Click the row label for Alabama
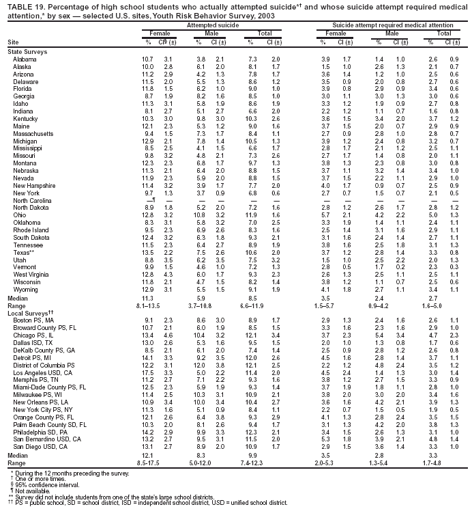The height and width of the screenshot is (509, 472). tap(25, 59)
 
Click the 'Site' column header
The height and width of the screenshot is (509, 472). tap(13, 42)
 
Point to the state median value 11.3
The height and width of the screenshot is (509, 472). tap(147, 299)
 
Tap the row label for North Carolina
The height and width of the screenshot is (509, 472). tap(31, 200)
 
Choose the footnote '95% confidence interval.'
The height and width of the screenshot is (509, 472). tap(40, 485)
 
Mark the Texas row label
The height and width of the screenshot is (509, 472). tap(24, 252)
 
